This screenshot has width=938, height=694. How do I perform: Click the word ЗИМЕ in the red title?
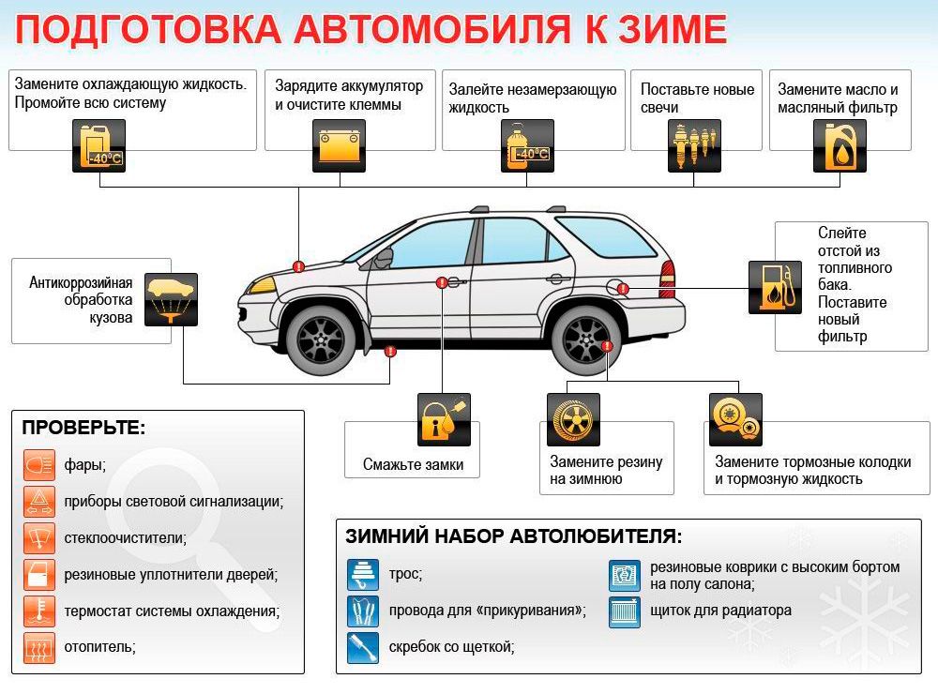pos(673,29)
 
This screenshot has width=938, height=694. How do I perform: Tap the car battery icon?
pos(339,146)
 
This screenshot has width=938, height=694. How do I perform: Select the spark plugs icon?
pos(694,146)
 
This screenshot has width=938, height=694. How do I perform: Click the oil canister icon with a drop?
pos(840,146)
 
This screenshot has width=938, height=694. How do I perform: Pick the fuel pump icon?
pos(775,287)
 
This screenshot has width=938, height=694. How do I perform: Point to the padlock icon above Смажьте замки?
pos(444,419)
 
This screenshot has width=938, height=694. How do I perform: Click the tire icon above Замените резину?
pos(573,419)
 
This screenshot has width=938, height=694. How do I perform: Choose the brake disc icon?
pos(735,419)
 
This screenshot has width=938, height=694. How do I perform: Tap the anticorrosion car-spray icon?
pos(171,300)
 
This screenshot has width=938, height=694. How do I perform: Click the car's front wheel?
pos(322,339)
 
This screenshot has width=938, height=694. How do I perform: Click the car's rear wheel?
pos(586,339)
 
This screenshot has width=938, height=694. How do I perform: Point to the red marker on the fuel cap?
pos(623,289)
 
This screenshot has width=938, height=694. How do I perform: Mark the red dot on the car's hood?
pos(298,267)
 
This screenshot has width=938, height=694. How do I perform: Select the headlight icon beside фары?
pos(39,465)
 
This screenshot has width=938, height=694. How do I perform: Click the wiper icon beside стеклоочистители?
pos(39,538)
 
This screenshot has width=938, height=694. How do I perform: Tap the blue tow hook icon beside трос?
pos(362,575)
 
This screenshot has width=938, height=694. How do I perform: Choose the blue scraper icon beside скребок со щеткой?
pos(362,648)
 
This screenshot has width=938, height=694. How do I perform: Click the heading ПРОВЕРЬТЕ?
pos(83,428)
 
